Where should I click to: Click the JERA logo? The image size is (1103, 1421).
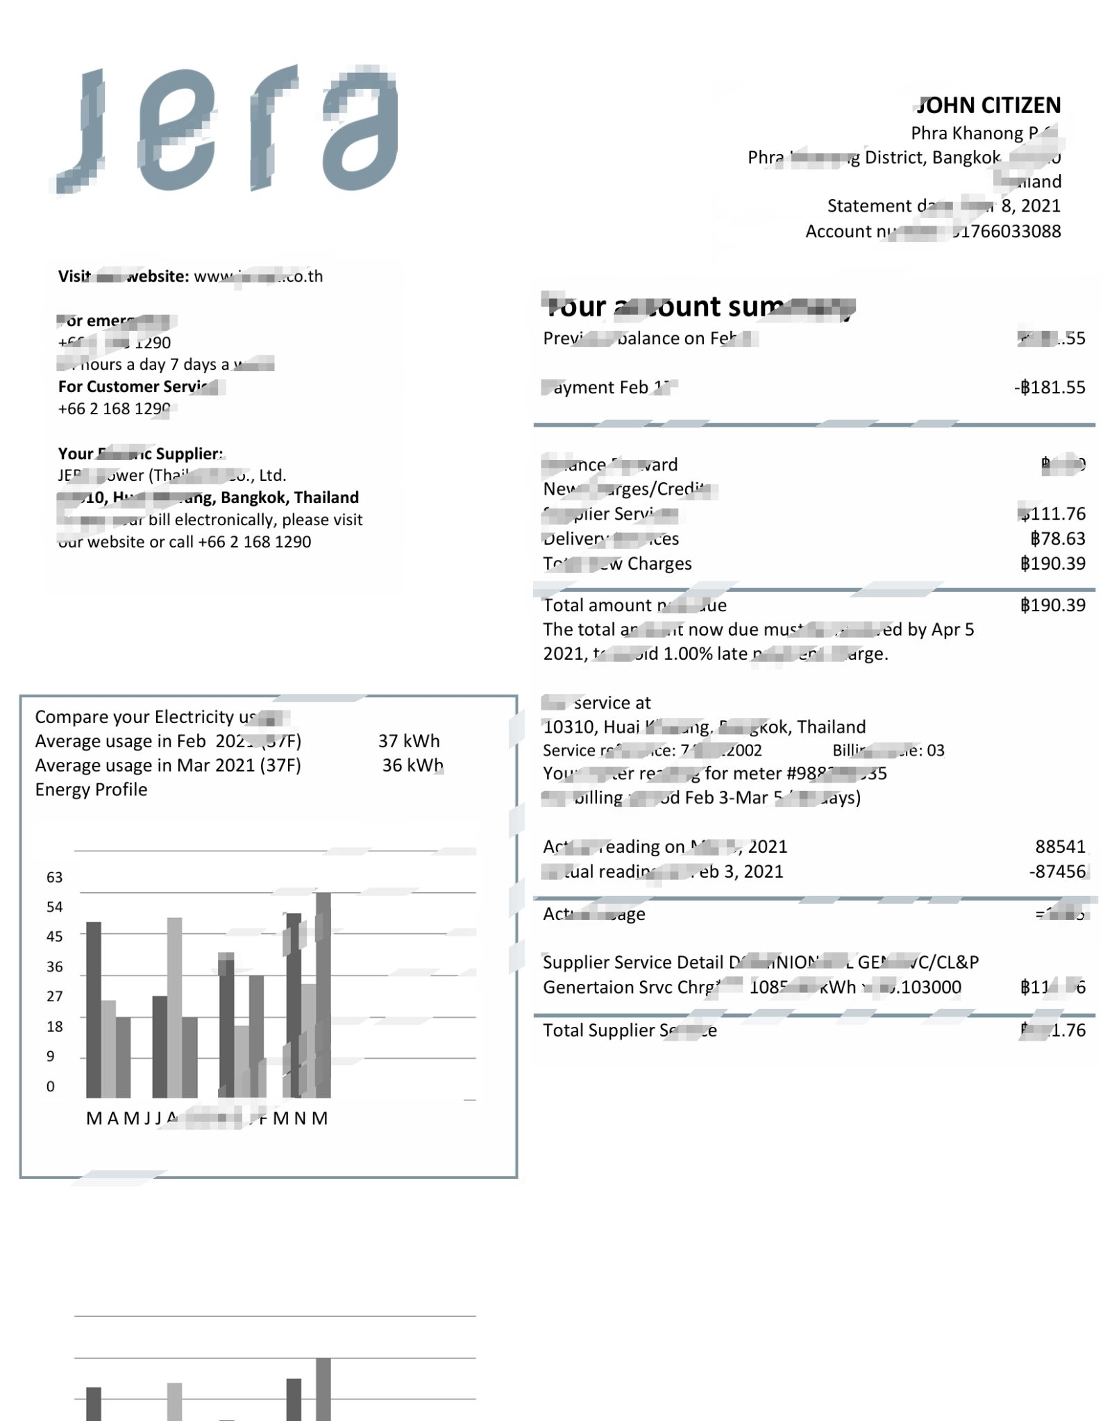click(x=228, y=129)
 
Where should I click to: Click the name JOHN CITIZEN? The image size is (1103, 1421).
click(x=988, y=105)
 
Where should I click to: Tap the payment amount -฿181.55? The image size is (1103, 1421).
click(x=1050, y=387)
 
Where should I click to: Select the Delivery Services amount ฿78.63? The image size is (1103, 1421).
click(x=1058, y=538)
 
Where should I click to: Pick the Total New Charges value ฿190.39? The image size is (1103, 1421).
click(x=1052, y=563)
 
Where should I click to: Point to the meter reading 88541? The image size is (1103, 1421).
click(x=1060, y=846)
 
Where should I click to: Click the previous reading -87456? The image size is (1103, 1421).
click(x=1057, y=871)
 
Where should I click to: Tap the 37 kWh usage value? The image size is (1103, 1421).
click(x=409, y=741)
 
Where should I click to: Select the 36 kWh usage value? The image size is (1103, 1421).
click(x=412, y=765)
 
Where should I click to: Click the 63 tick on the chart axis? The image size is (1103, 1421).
click(x=55, y=877)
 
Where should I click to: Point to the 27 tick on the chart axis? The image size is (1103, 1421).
click(x=55, y=996)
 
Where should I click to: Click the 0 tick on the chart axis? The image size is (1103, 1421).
click(x=51, y=1087)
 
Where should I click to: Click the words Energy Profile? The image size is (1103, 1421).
click(x=91, y=790)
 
